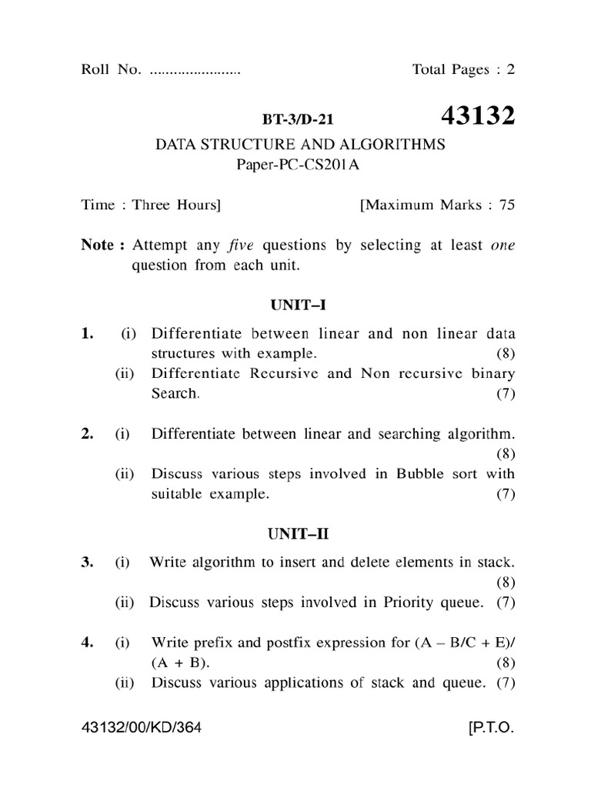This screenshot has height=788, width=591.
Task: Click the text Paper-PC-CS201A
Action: [299, 164]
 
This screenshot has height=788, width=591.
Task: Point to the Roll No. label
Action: [111, 70]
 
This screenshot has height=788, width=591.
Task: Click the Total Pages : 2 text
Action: [463, 70]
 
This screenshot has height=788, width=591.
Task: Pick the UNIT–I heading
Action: [299, 306]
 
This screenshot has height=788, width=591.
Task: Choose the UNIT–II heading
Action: [299, 532]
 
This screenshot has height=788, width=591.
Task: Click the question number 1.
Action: [87, 333]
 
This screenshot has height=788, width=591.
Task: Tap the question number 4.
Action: [87, 642]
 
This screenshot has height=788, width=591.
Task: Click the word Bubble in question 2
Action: [422, 473]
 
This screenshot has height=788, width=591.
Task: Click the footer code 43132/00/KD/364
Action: [142, 727]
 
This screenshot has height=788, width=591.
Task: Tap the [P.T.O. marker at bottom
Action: [490, 727]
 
